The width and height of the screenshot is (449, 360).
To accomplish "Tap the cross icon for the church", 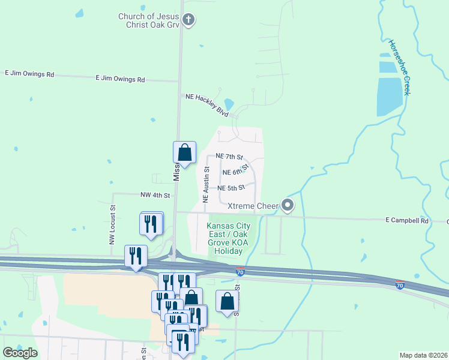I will (188, 20).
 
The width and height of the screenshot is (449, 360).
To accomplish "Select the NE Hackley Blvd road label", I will (207, 104).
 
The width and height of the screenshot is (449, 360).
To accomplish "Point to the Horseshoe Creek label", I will (399, 67).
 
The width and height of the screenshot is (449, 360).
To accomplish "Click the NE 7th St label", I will (229, 157).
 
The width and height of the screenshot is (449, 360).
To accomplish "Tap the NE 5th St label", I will (231, 187).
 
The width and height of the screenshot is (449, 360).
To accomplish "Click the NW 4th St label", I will (155, 195).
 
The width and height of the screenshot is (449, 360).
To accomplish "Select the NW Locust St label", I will (112, 225).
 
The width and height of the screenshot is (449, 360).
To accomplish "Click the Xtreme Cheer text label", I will (251, 206).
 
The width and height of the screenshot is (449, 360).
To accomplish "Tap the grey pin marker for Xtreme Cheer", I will (288, 206).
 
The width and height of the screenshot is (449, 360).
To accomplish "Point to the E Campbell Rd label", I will (407, 221).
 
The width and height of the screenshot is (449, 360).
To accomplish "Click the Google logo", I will (20, 353).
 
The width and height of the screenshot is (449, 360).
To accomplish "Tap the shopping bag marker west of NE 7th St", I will (185, 153).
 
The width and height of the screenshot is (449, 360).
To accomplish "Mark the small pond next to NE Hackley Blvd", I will (229, 104).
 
